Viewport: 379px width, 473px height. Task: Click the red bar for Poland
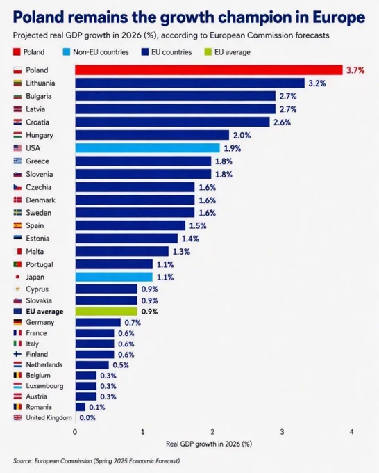pyautogui.click(x=209, y=70)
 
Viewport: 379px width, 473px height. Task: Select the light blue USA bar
pyautogui.click(x=148, y=148)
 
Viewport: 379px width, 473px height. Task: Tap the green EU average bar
pyautogui.click(x=106, y=312)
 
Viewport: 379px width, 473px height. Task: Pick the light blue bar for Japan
pyautogui.click(x=114, y=277)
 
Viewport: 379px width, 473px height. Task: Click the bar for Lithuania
pyautogui.click(x=190, y=83)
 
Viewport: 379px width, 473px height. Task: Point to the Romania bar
pyautogui.click(x=81, y=407)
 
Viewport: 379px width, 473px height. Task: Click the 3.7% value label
pyautogui.click(x=355, y=70)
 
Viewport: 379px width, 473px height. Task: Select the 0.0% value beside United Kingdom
pyautogui.click(x=87, y=418)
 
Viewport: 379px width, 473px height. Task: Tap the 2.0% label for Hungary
pyautogui.click(x=242, y=136)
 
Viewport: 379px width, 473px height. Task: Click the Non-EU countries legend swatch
pyautogui.click(x=66, y=52)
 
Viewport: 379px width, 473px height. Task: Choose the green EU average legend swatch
pyautogui.click(x=208, y=52)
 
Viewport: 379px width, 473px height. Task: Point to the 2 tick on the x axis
pyautogui.click(x=212, y=432)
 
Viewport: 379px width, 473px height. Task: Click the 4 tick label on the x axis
pyautogui.click(x=351, y=432)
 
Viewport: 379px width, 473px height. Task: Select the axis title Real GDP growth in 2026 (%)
pyautogui.click(x=209, y=444)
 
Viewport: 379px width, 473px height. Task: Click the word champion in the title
pyautogui.click(x=263, y=17)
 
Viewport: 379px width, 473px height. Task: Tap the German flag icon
pyautogui.click(x=17, y=322)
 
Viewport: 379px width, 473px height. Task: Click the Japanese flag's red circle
pyautogui.click(x=17, y=277)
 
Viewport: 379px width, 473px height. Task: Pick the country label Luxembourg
pyautogui.click(x=44, y=386)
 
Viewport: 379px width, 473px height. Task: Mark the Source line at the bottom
pyautogui.click(x=96, y=461)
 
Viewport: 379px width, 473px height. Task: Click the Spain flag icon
pyautogui.click(x=17, y=225)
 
